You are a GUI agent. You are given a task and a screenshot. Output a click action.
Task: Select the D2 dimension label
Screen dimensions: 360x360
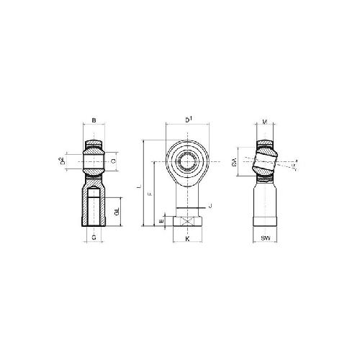(63, 162)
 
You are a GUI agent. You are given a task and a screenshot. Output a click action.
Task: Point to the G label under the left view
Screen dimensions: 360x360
(94, 237)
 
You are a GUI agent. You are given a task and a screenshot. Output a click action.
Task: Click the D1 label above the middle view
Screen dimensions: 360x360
(188, 119)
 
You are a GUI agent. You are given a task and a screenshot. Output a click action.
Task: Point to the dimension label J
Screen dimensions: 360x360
(209, 207)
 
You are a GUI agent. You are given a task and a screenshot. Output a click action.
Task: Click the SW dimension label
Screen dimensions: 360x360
(267, 237)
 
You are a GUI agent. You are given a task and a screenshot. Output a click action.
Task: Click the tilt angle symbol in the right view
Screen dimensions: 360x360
(295, 166)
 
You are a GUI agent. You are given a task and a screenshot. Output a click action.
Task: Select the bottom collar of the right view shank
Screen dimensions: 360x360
(267, 222)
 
